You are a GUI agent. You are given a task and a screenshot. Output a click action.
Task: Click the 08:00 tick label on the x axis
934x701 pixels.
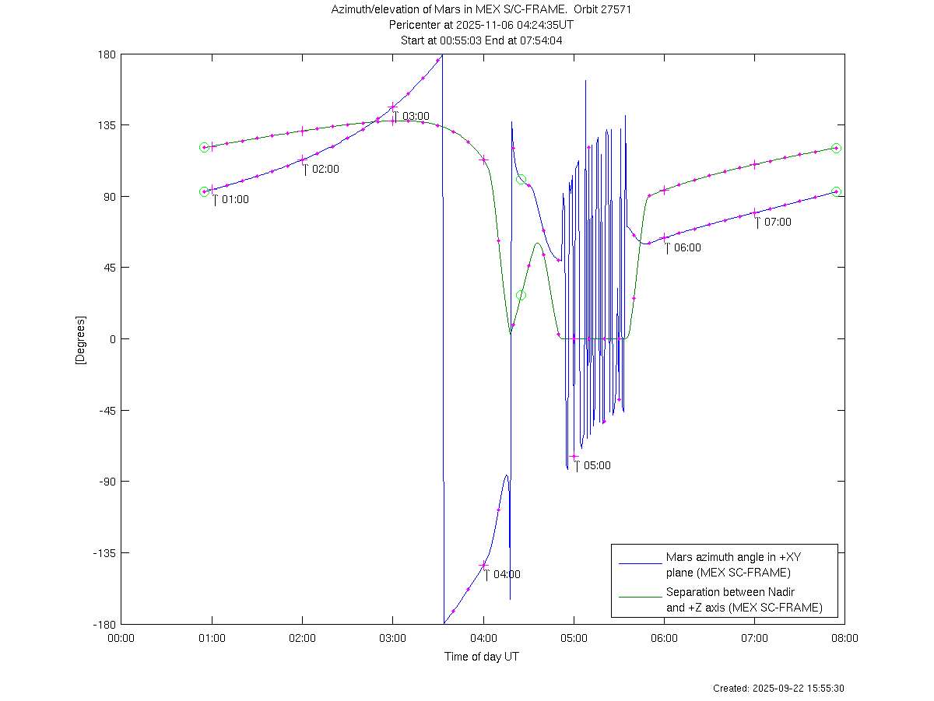click(844, 638)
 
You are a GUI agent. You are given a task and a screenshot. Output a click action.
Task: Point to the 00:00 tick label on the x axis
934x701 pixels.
click(121, 638)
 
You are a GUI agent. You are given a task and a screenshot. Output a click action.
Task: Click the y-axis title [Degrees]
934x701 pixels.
click(79, 339)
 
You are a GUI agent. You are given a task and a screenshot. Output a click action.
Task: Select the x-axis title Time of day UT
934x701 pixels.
click(482, 657)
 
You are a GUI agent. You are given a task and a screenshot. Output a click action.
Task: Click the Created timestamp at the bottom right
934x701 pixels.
click(779, 689)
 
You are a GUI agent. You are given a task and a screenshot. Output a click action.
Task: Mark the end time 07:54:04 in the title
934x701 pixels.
click(540, 40)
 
